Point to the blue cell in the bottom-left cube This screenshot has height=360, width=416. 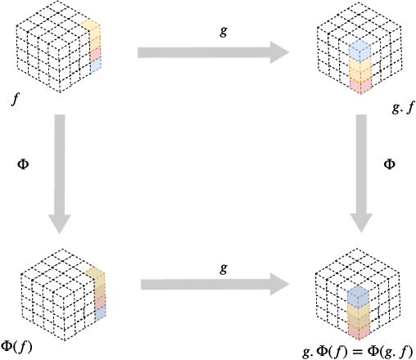[99, 312]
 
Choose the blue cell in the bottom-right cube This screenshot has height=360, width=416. [357, 297]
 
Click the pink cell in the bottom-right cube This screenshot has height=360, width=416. [357, 330]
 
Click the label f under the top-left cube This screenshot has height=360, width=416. [15, 101]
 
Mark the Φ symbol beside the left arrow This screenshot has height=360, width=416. [24, 164]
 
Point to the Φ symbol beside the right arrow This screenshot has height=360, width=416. [390, 164]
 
